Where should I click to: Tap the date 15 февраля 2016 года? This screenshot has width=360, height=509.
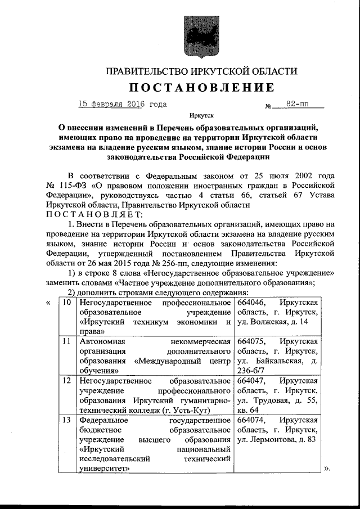(x=122, y=104)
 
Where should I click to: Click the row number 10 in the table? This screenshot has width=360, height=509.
(x=67, y=304)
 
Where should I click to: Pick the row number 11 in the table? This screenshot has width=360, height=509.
(x=67, y=341)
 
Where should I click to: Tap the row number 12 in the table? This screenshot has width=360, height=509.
(x=67, y=381)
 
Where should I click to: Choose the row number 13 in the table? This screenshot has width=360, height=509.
(x=67, y=420)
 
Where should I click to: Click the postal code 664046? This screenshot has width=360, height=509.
(x=253, y=304)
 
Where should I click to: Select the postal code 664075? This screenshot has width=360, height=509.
(x=253, y=341)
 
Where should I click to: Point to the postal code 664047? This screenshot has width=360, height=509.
(x=253, y=381)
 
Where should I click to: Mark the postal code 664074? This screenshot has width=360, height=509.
(x=253, y=420)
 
